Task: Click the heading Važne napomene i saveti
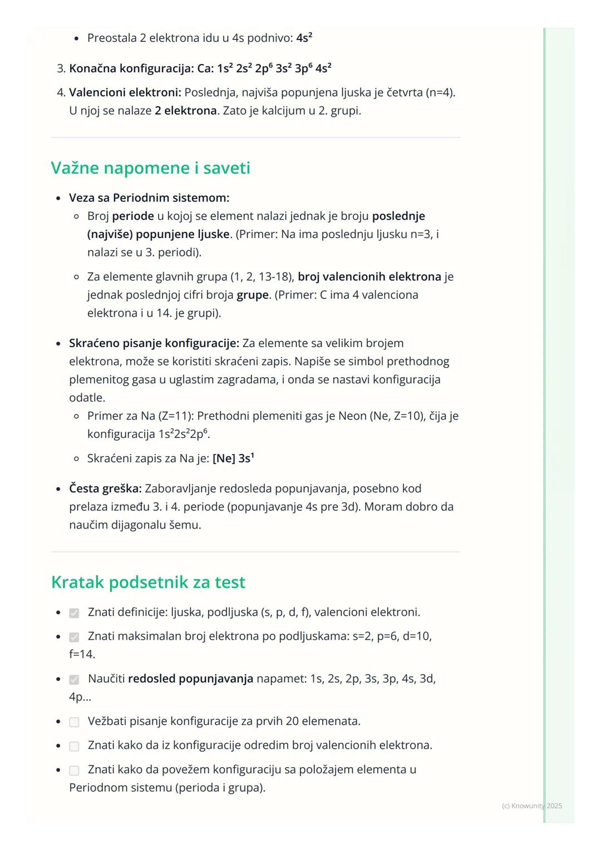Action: tap(150, 168)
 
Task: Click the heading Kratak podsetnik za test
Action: tap(148, 582)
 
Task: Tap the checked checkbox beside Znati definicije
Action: tap(74, 613)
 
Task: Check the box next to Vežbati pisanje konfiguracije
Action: tap(74, 722)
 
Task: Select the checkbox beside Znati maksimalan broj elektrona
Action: tap(74, 637)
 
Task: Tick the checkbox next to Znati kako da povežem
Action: tap(74, 770)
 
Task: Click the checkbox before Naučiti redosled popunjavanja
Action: tap(74, 680)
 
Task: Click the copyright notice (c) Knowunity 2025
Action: tap(531, 806)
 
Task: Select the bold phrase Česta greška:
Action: tap(105, 488)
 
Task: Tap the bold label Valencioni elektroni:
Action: tap(125, 92)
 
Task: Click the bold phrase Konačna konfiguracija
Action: tap(131, 68)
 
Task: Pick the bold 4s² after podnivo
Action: tap(304, 38)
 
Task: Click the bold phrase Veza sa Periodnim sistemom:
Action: tap(149, 197)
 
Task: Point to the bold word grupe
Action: tap(253, 295)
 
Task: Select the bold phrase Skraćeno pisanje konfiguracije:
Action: tap(154, 343)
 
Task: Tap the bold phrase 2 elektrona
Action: tap(186, 111)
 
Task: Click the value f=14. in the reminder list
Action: tap(82, 654)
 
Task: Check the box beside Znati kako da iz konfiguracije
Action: tap(74, 746)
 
